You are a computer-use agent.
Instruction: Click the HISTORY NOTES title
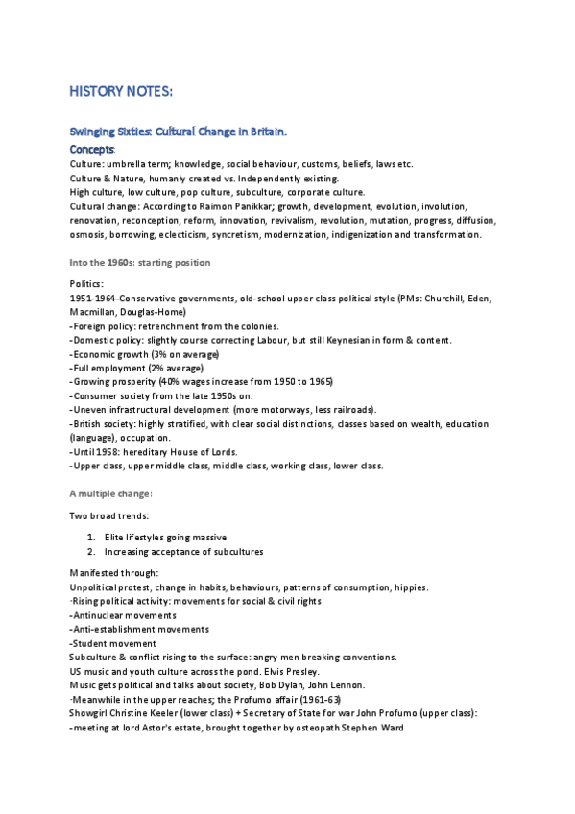pyautogui.click(x=121, y=91)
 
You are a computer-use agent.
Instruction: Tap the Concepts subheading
pyautogui.click(x=92, y=150)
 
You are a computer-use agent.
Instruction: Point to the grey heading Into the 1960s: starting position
pyautogui.click(x=140, y=262)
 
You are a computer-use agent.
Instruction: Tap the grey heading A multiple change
pyautogui.click(x=110, y=493)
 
